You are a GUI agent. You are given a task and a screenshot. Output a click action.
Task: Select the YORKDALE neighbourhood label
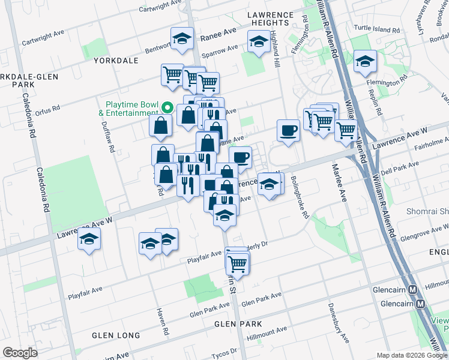pyautogui.click(x=116, y=61)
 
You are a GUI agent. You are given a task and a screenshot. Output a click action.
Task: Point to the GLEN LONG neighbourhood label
pyautogui.click(x=116, y=335)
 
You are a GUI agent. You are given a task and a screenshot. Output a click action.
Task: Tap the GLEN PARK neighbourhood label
pyautogui.click(x=238, y=324)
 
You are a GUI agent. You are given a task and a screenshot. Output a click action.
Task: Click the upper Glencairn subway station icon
pyautogui.click(x=412, y=289)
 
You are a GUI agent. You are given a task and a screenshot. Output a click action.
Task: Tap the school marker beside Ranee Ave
pyautogui.click(x=182, y=39)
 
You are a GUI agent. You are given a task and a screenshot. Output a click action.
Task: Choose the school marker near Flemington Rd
pyautogui.click(x=364, y=61)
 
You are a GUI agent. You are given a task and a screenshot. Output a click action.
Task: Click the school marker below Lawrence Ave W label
pyautogui.click(x=89, y=240)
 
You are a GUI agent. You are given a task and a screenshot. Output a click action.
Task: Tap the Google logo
pyautogui.click(x=20, y=353)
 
